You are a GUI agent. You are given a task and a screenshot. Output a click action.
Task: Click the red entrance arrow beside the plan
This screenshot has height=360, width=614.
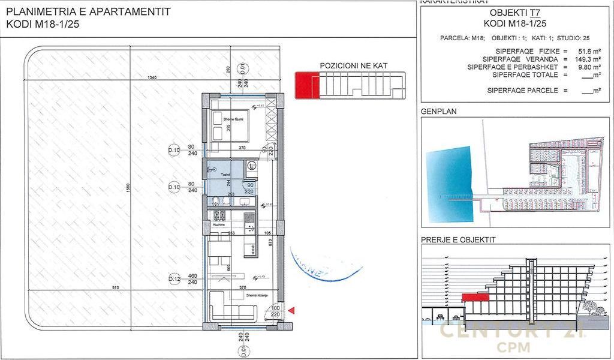coord(291,310)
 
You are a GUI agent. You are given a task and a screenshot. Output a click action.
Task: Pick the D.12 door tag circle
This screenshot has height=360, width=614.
coord(174,280)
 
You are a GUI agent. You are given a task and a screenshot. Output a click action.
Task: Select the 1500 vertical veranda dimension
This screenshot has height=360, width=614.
coord(127,188)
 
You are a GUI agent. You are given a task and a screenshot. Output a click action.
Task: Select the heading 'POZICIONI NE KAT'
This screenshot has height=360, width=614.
coord(354,64)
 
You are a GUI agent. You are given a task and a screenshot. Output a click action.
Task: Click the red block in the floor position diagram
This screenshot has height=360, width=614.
coord(306,85)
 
